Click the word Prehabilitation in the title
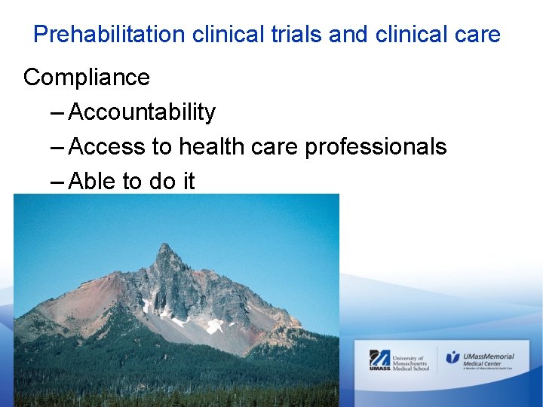(110, 35)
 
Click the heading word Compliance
(87, 77)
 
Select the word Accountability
(142, 112)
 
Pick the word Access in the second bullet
(106, 146)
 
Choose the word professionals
(376, 147)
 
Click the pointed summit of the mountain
(164, 247)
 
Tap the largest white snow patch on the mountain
(215, 326)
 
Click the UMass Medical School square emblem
(379, 360)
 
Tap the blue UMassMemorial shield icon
(452, 357)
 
